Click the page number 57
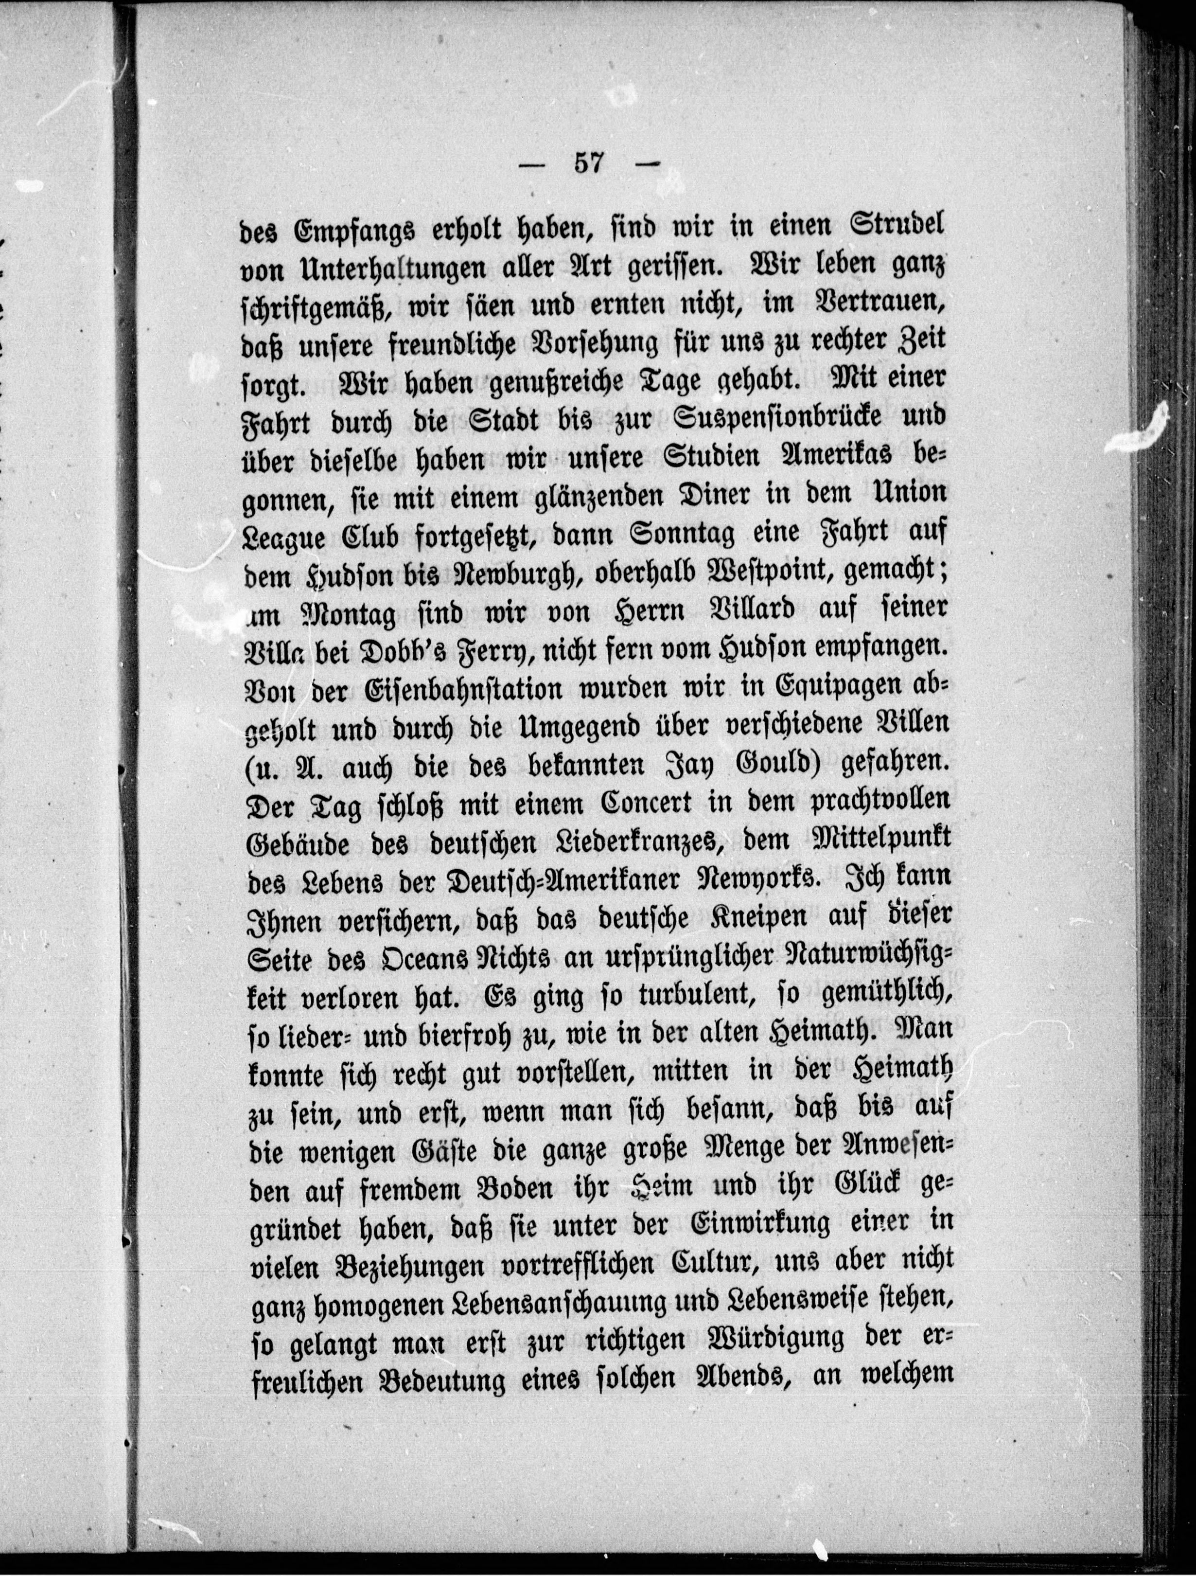tap(588, 163)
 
